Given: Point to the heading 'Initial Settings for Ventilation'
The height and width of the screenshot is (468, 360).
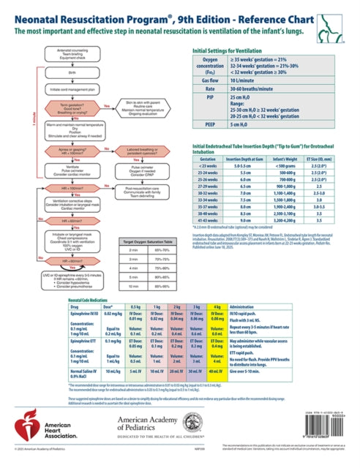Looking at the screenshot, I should [x=230, y=71].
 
